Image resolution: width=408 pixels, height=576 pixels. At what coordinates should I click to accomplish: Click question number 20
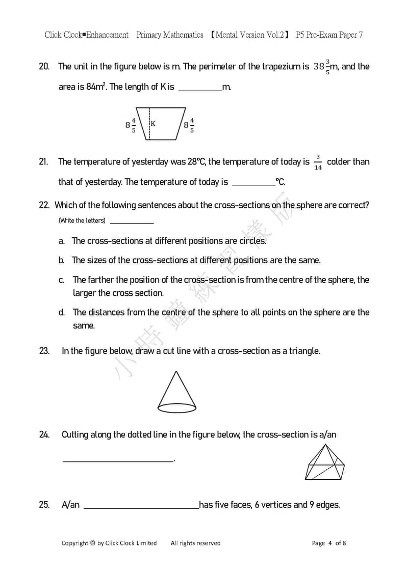(44, 66)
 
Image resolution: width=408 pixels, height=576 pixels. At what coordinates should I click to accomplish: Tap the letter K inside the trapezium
(152, 123)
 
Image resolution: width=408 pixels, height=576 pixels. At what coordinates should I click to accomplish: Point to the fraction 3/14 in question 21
(318, 162)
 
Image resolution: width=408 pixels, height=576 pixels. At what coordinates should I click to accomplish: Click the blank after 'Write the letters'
(132, 222)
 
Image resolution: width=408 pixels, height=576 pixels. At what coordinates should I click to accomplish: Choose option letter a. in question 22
(61, 241)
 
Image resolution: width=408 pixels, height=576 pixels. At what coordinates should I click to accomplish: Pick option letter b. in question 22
(61, 260)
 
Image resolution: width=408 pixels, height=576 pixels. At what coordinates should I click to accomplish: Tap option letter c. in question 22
(61, 280)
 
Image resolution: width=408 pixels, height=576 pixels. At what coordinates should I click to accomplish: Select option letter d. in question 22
(61, 312)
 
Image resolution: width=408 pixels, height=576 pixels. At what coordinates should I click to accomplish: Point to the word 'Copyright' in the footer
(74, 543)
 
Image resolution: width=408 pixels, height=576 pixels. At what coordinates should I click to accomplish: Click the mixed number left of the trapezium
(131, 124)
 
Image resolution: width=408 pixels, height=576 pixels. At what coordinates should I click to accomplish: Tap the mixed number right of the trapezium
(189, 124)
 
